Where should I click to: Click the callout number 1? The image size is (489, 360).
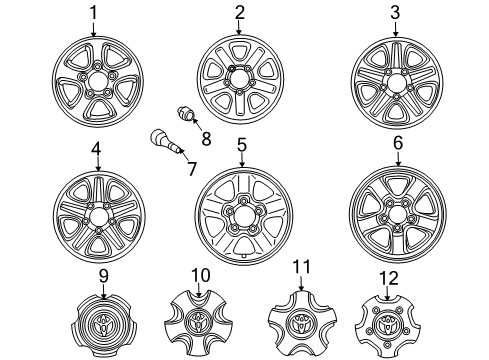(x=94, y=13)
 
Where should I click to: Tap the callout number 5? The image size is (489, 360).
(x=242, y=145)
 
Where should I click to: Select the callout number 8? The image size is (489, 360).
(x=206, y=138)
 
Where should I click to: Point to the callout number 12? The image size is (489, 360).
(x=389, y=278)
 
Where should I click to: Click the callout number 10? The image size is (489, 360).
(x=201, y=275)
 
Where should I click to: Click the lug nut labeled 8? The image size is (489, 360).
(x=185, y=114)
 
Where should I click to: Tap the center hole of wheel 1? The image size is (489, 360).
(x=97, y=82)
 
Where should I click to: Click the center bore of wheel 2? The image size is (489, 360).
(x=239, y=79)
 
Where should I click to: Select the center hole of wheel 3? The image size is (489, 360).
(x=396, y=82)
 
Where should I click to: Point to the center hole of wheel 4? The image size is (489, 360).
(x=99, y=217)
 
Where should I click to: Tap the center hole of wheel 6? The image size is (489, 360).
(x=397, y=214)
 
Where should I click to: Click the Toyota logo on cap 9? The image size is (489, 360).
(x=103, y=324)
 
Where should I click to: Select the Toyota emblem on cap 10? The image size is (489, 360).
(x=199, y=321)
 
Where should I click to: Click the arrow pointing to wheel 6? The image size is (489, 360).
(x=398, y=159)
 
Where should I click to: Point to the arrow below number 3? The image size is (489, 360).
(x=396, y=28)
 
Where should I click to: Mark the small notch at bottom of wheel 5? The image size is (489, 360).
(x=243, y=256)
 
